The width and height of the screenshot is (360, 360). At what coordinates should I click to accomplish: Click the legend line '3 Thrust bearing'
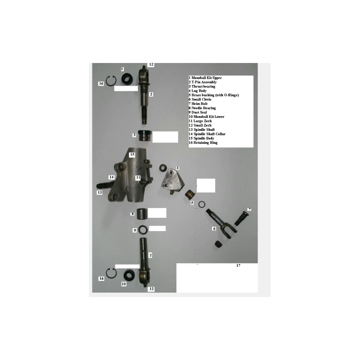[x=202, y=86]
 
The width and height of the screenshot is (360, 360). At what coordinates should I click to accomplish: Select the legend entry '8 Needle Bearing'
[x=202, y=108]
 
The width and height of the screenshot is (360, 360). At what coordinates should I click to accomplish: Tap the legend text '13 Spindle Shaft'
[x=202, y=130]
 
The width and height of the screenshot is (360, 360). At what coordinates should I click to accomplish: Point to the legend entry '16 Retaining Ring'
[x=203, y=143]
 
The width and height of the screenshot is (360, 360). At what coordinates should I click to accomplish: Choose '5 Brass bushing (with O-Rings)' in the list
[x=213, y=95]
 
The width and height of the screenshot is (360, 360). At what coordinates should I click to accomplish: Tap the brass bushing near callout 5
[x=190, y=195]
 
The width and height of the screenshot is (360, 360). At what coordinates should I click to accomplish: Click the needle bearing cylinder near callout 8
[x=142, y=214]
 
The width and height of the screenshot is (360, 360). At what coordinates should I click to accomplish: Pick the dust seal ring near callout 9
[x=143, y=230]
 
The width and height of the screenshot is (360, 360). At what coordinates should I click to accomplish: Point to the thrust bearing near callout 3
[x=145, y=136]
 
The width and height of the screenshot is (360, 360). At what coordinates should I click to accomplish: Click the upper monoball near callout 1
[x=127, y=79]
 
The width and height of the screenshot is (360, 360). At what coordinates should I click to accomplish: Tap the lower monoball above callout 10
[x=129, y=275]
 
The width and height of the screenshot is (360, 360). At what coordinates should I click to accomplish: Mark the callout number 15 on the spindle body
[x=132, y=154]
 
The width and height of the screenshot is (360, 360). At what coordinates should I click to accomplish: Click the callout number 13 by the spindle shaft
[x=100, y=192]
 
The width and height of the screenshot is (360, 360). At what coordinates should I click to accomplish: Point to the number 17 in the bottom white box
[x=238, y=266]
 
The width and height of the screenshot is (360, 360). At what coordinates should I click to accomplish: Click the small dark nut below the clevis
[x=219, y=244]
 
